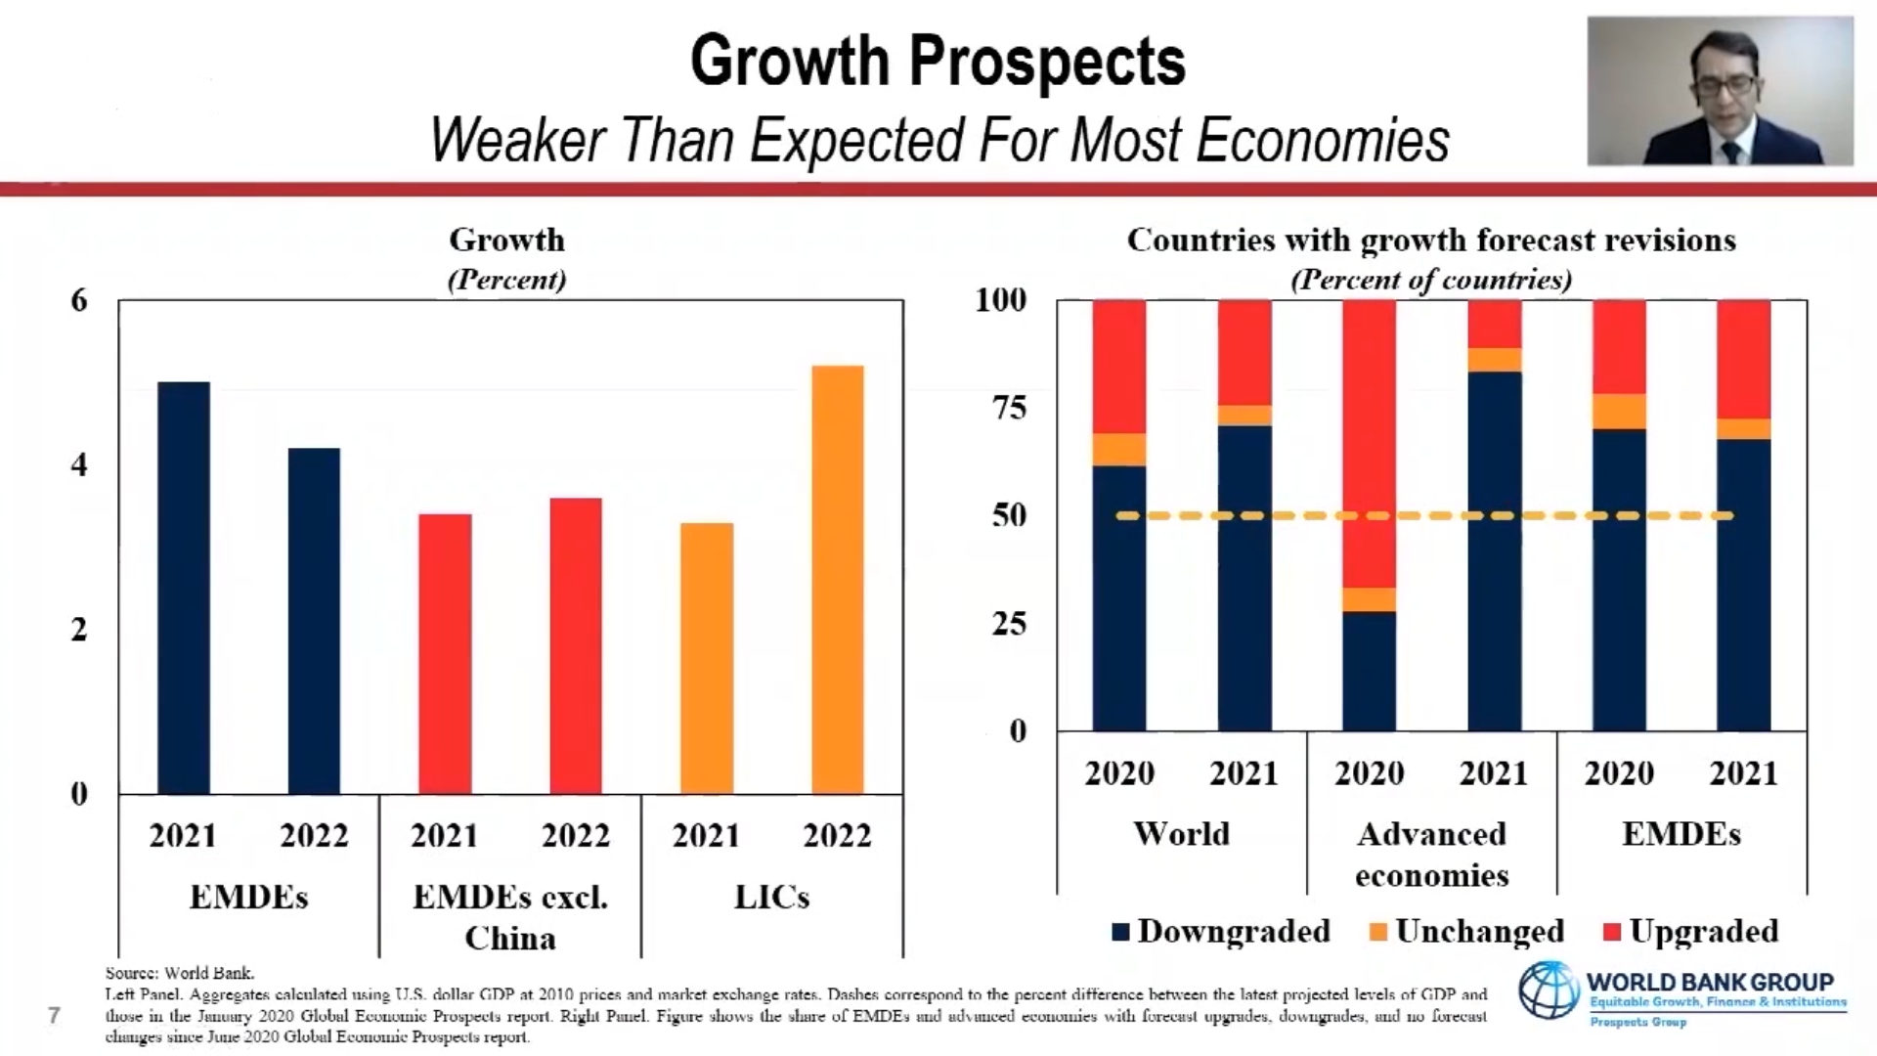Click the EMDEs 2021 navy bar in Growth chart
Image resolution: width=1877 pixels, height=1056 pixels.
(x=184, y=587)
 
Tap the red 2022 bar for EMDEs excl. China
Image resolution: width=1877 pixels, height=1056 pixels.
(x=576, y=645)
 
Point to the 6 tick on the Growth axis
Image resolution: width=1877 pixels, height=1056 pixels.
(x=79, y=300)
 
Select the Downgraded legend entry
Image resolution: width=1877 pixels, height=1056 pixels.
(x=1222, y=931)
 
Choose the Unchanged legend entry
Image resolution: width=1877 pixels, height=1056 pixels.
(x=1467, y=931)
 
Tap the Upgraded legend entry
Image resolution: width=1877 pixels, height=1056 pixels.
(x=1692, y=931)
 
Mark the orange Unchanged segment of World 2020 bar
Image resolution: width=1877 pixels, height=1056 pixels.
(x=1119, y=450)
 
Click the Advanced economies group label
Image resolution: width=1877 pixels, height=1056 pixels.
(x=1431, y=855)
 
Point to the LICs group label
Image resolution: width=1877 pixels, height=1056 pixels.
(x=771, y=897)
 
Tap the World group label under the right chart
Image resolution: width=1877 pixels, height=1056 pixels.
(x=1181, y=834)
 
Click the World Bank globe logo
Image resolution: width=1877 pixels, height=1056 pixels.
(x=1548, y=990)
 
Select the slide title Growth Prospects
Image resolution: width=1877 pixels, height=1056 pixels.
(x=938, y=61)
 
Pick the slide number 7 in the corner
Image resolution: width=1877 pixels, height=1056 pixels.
(x=55, y=1015)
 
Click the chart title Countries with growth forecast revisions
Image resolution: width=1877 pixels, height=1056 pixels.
(x=1431, y=241)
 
